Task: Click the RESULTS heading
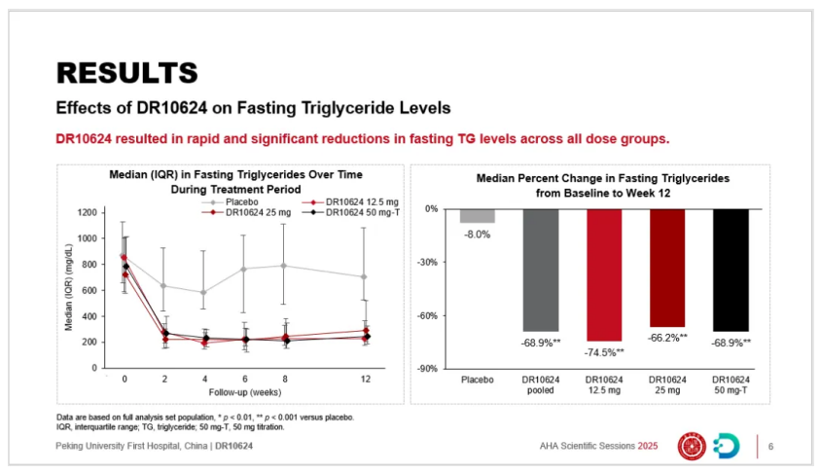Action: tap(126, 72)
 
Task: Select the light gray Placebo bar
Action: tap(477, 216)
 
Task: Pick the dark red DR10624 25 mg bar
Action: tap(667, 268)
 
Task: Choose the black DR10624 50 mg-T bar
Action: tap(731, 270)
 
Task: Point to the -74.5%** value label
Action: tap(604, 352)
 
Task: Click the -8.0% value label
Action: tap(477, 235)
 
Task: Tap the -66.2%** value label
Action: tap(668, 338)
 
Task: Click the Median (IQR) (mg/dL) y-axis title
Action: tap(70, 289)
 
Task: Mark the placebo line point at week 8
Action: tap(284, 265)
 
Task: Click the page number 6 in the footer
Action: tap(770, 447)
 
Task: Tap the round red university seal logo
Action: tap(692, 446)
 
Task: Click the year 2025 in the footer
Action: tap(648, 447)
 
